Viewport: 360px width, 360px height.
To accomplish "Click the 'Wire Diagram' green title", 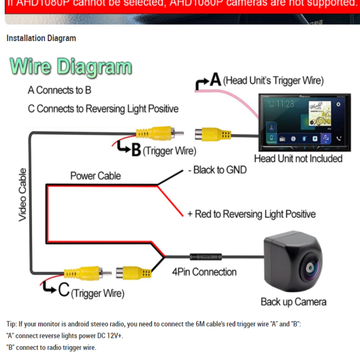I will pyautogui.click(x=70, y=67).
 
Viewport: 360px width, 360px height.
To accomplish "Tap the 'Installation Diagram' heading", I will pyautogui.click(x=41, y=38).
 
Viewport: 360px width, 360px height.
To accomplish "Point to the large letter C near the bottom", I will pyautogui.click(x=64, y=290).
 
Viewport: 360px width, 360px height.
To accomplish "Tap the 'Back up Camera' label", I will pyautogui.click(x=293, y=301).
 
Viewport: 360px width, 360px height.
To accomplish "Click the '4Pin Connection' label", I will pyautogui.click(x=204, y=271).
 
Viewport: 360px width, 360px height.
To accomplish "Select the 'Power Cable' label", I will pyautogui.click(x=95, y=175).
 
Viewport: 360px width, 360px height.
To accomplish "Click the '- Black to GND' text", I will pyautogui.click(x=217, y=170).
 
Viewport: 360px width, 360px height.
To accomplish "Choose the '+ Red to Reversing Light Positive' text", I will pyautogui.click(x=251, y=214).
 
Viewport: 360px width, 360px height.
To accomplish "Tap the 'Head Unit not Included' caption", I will pyautogui.click(x=298, y=158).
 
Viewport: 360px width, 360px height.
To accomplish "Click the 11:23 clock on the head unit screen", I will pyautogui.click(x=285, y=104).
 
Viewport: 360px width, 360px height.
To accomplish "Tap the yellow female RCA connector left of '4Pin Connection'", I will pyautogui.click(x=133, y=273).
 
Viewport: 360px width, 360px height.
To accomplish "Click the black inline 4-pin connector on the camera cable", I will pyautogui.click(x=205, y=256).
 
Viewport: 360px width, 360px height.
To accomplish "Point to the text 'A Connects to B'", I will pyautogui.click(x=59, y=90).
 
